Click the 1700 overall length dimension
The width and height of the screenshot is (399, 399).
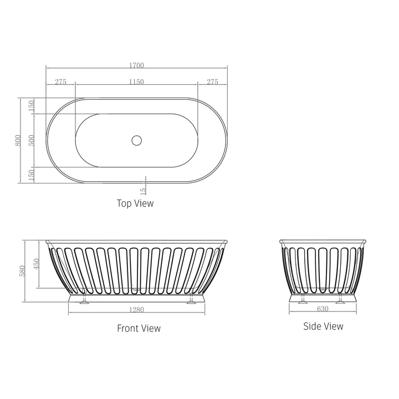(x=136, y=65)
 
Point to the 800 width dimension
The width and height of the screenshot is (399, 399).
(x=18, y=140)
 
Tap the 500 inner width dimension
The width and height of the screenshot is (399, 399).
(x=32, y=140)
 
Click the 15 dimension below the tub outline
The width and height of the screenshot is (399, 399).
(x=144, y=191)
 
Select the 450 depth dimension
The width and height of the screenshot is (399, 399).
(x=37, y=263)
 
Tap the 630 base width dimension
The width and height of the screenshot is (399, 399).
(x=323, y=309)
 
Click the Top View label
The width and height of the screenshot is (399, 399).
(x=135, y=203)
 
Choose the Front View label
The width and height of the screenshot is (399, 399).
(x=139, y=328)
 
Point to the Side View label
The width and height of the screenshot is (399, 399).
(x=323, y=326)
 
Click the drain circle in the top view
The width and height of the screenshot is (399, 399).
(x=137, y=140)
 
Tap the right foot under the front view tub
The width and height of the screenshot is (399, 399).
(x=192, y=300)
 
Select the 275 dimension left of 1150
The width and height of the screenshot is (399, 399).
(x=60, y=82)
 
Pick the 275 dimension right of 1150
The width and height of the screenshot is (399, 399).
(x=212, y=82)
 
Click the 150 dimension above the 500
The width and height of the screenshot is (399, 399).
(x=32, y=105)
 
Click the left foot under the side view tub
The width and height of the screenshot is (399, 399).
(x=303, y=300)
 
